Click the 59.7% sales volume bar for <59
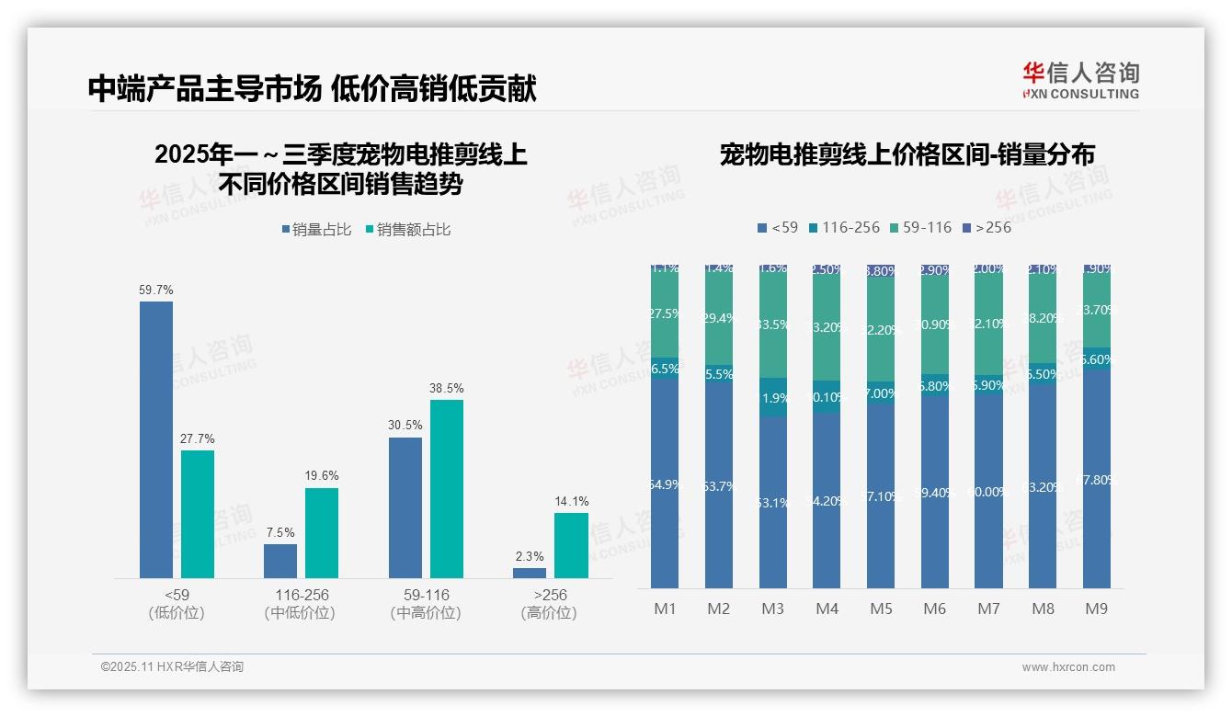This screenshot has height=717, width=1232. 156,439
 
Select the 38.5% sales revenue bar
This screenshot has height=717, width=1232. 447,489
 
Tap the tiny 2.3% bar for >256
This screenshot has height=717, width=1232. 530,573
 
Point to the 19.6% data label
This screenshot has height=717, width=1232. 322,475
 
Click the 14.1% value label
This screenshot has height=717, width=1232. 572,501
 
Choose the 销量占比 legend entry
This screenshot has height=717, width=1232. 316,230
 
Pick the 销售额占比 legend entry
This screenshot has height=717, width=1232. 408,230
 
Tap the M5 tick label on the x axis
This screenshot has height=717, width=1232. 881,609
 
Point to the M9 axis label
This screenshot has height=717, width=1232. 1096,609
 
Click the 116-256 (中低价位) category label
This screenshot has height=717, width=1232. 301,603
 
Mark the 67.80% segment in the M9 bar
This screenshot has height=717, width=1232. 1096,479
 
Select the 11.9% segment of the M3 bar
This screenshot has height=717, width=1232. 773,397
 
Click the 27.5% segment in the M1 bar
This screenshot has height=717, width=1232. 665,314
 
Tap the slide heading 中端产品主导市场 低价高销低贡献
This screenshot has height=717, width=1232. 313,88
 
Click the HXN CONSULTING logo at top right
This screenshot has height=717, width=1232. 1080,81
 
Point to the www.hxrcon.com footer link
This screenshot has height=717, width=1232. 1068,667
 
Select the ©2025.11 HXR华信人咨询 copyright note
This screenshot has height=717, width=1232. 172,667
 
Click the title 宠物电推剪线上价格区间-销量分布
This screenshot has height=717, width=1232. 907,154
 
